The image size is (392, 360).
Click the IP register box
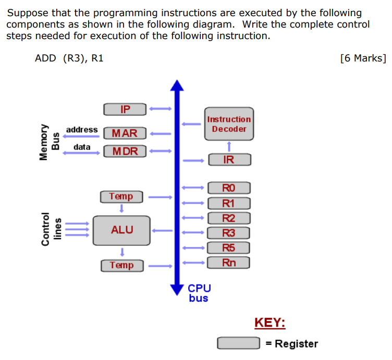pos(125,109)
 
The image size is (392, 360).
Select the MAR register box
pos(125,133)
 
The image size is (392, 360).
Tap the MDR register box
pos(125,151)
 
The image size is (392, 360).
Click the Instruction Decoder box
pos(229,124)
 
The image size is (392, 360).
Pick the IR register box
pos(229,159)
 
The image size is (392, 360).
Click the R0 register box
pos(229,188)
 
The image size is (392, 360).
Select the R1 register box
pos(229,203)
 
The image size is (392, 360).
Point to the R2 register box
pos(229,218)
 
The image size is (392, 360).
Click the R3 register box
pos(229,233)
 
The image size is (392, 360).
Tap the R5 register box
pos(229,247)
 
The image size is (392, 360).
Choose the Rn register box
pos(229,263)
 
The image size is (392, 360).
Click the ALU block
pos(121,230)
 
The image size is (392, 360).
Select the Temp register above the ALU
pos(121,196)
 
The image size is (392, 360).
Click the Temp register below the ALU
pos(121,265)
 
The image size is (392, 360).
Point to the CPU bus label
pos(199,293)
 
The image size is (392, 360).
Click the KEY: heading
pos(269,322)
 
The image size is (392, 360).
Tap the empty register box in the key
pos(238,343)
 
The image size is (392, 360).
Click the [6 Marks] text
pos(363,58)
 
